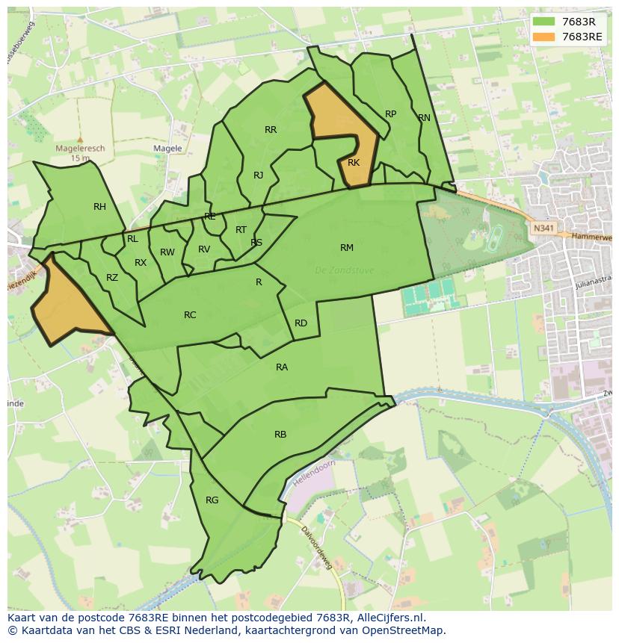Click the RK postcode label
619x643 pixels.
click(354, 163)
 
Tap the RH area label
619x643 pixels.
click(99, 207)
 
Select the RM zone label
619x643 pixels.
click(347, 248)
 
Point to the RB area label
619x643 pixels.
click(280, 435)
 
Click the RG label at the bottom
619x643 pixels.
click(212, 500)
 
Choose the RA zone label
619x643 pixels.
click(282, 367)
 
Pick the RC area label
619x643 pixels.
click(190, 315)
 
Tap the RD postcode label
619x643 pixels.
click(301, 323)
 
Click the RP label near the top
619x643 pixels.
click(390, 114)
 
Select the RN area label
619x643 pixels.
click(424, 118)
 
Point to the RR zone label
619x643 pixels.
click(271, 130)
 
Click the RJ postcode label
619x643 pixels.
click(258, 175)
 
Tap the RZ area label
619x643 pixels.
click(112, 278)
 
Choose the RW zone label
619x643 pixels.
click(167, 252)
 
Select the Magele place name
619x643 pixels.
click(167, 149)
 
